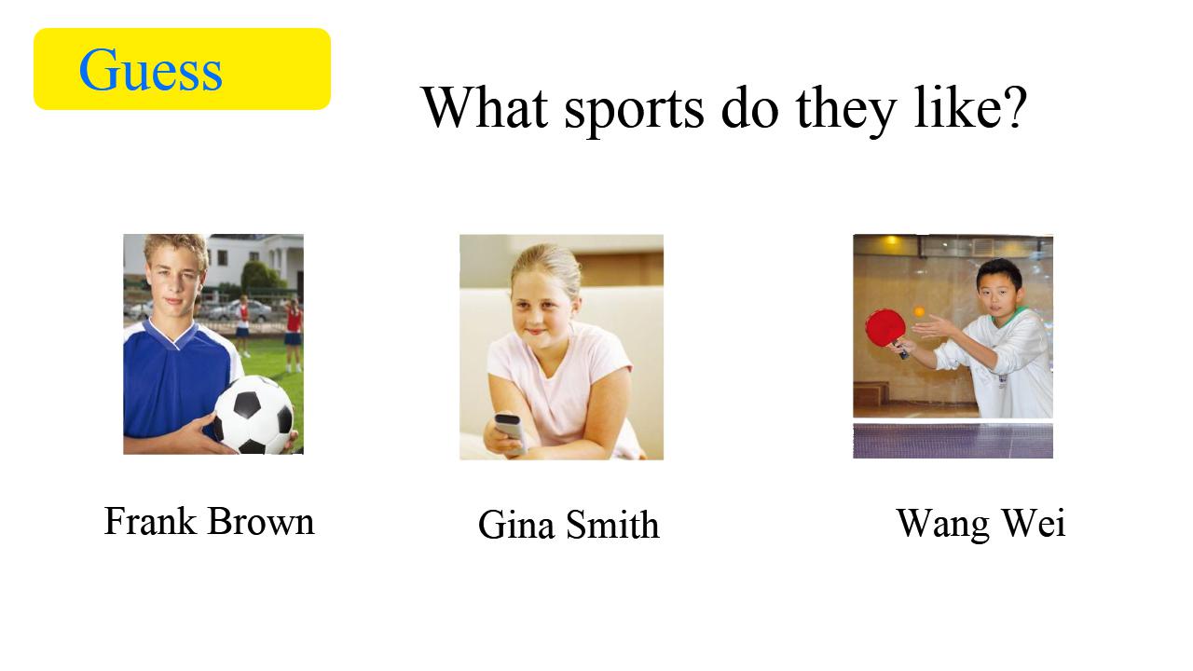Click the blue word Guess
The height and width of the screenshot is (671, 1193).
point(151,70)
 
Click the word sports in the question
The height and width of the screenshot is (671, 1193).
point(634,110)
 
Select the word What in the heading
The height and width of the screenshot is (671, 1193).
point(485,106)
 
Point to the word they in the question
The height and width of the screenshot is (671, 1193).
point(846,110)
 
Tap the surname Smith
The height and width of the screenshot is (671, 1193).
point(612,525)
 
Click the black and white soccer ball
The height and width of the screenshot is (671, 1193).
point(254,416)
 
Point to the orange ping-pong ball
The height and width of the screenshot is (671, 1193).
point(919,311)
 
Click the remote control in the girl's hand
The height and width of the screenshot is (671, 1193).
point(509,431)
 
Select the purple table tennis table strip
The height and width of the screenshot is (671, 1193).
point(953,441)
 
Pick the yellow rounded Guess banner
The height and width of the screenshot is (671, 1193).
point(182,69)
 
